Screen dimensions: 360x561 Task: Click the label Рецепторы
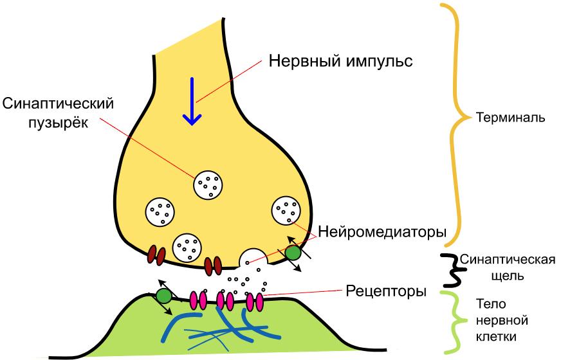(x=385, y=291)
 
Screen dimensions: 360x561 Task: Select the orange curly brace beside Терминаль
(x=457, y=119)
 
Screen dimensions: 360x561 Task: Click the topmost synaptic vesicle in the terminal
(x=209, y=185)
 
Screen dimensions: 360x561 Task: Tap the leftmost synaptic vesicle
(x=160, y=211)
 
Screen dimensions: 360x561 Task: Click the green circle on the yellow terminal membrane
(x=293, y=253)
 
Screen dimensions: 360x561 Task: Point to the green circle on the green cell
(x=164, y=296)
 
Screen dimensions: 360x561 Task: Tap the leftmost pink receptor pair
(x=198, y=299)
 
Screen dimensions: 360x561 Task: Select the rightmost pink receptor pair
(x=255, y=300)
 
